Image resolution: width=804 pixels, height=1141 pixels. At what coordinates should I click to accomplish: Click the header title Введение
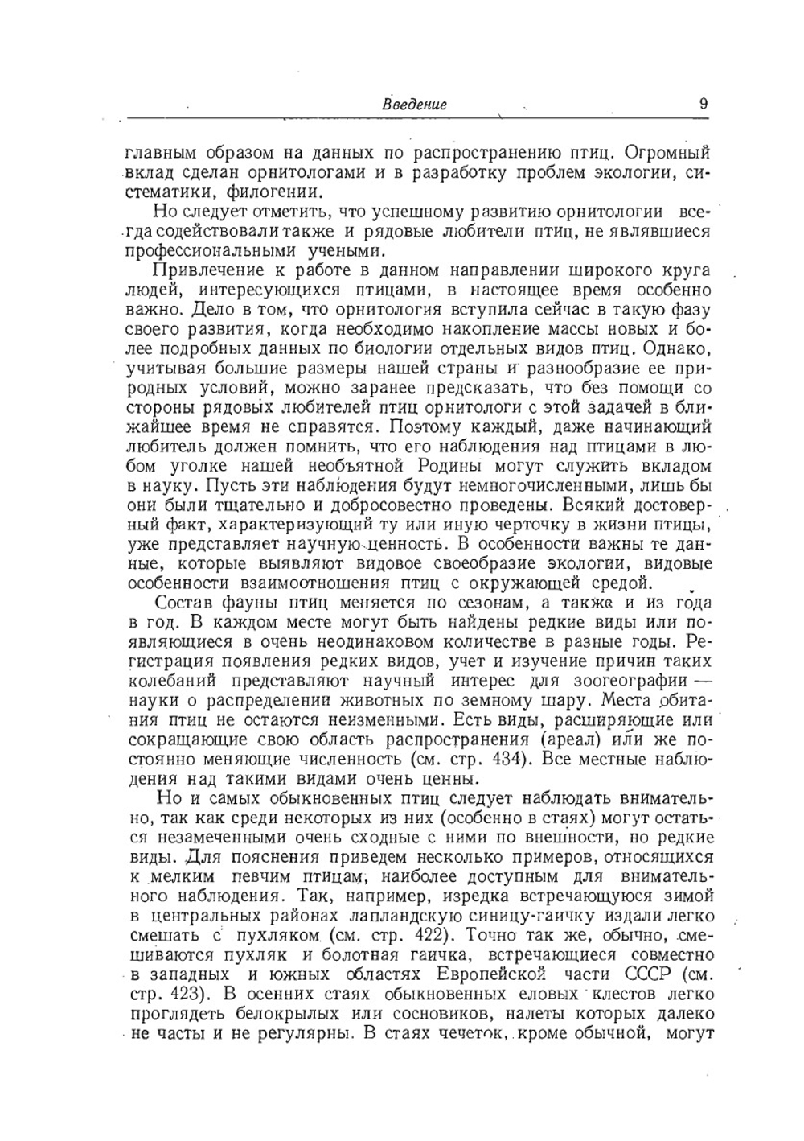pos(414,105)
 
